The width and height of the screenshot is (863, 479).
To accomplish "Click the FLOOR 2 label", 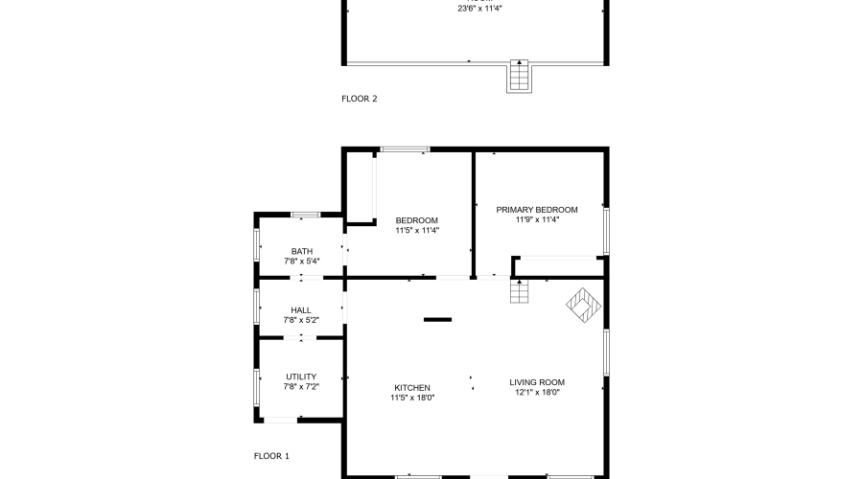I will [x=360, y=98].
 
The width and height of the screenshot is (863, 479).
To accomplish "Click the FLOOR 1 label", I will [x=271, y=456].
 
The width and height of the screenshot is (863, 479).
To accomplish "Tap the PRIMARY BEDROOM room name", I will [x=536, y=209].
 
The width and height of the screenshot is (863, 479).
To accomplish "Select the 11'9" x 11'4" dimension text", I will [x=536, y=219].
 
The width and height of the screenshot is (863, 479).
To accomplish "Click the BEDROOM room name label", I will [x=416, y=219].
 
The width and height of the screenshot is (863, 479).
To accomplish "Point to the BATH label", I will [x=301, y=251].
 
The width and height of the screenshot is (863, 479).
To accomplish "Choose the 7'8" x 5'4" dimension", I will [x=301, y=261].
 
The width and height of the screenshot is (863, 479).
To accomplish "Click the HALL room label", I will [x=301, y=310].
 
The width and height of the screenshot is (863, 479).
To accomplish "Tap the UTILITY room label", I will [x=301, y=376].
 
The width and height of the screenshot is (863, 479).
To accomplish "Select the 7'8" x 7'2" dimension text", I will [x=301, y=387].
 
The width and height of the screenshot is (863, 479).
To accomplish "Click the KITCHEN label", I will [x=412, y=387].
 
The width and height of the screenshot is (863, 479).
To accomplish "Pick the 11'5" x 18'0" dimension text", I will [x=412, y=398].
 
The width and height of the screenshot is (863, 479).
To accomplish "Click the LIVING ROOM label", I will [x=536, y=381].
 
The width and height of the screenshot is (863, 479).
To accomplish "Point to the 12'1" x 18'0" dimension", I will [x=536, y=392].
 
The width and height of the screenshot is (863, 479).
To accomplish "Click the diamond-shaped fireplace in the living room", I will [x=583, y=307].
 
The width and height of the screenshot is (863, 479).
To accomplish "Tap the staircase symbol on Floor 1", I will [x=519, y=290].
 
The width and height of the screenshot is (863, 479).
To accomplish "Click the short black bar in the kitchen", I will [x=437, y=319].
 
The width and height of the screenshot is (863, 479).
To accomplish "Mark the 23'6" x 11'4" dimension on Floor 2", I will [x=479, y=8].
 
